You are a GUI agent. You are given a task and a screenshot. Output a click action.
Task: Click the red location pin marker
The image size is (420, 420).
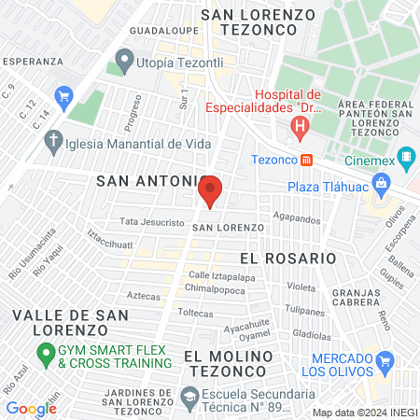pos(210,191)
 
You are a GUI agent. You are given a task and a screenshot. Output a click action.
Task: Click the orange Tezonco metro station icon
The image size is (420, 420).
pos(305,160)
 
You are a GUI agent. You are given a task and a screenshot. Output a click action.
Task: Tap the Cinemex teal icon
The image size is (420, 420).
pos(405,158)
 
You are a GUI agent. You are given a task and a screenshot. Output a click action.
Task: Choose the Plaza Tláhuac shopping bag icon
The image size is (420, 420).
pos(381,185)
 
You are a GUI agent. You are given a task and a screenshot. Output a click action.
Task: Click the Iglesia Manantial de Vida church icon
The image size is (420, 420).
pos(53,143)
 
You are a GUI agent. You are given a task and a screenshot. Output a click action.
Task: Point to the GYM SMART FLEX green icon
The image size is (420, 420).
pos(44,354)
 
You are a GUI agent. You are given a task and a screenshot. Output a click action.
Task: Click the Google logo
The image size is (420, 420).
pos(31,408)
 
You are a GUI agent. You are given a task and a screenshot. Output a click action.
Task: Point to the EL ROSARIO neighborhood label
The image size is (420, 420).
pos(287,257)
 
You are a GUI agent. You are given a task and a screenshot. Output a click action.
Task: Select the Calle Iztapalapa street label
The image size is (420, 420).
pos(221,276)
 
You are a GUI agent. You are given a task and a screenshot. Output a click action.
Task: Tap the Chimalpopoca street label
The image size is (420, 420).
pos(219,289)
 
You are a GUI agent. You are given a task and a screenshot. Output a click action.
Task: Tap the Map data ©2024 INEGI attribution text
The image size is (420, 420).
pos(363,412)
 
